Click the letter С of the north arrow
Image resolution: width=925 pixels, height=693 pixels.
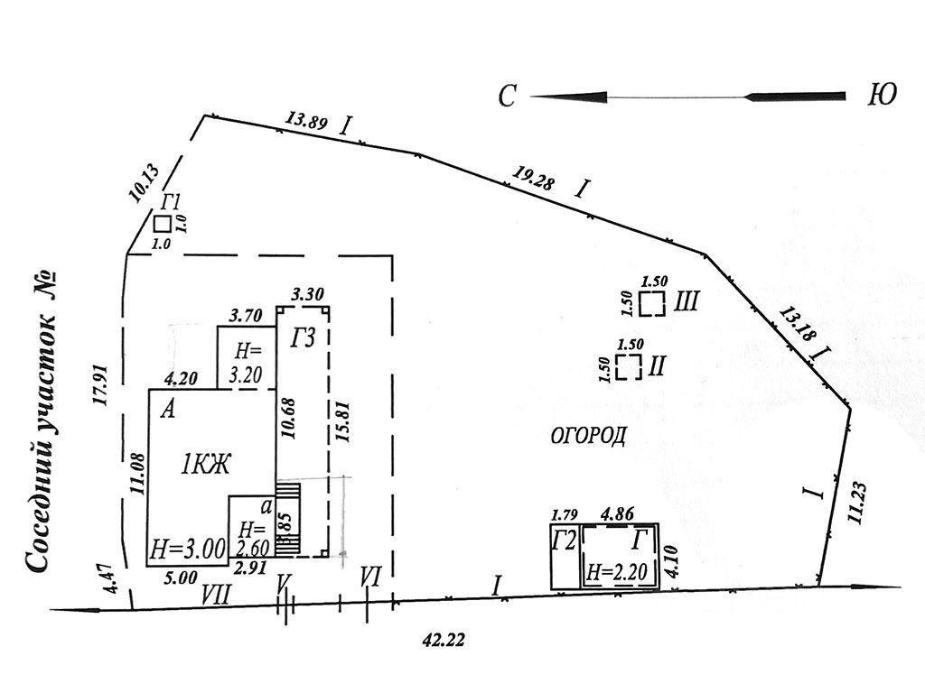pyautogui.click(x=508, y=96)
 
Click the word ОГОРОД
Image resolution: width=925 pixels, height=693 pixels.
pyautogui.click(x=588, y=437)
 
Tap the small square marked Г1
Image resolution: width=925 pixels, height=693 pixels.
pyautogui.click(x=163, y=224)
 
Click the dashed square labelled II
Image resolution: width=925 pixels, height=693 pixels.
pyautogui.click(x=629, y=366)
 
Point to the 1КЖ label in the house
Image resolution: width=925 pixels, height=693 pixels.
pyautogui.click(x=207, y=466)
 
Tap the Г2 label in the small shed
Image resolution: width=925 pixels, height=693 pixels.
pyautogui.click(x=565, y=541)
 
